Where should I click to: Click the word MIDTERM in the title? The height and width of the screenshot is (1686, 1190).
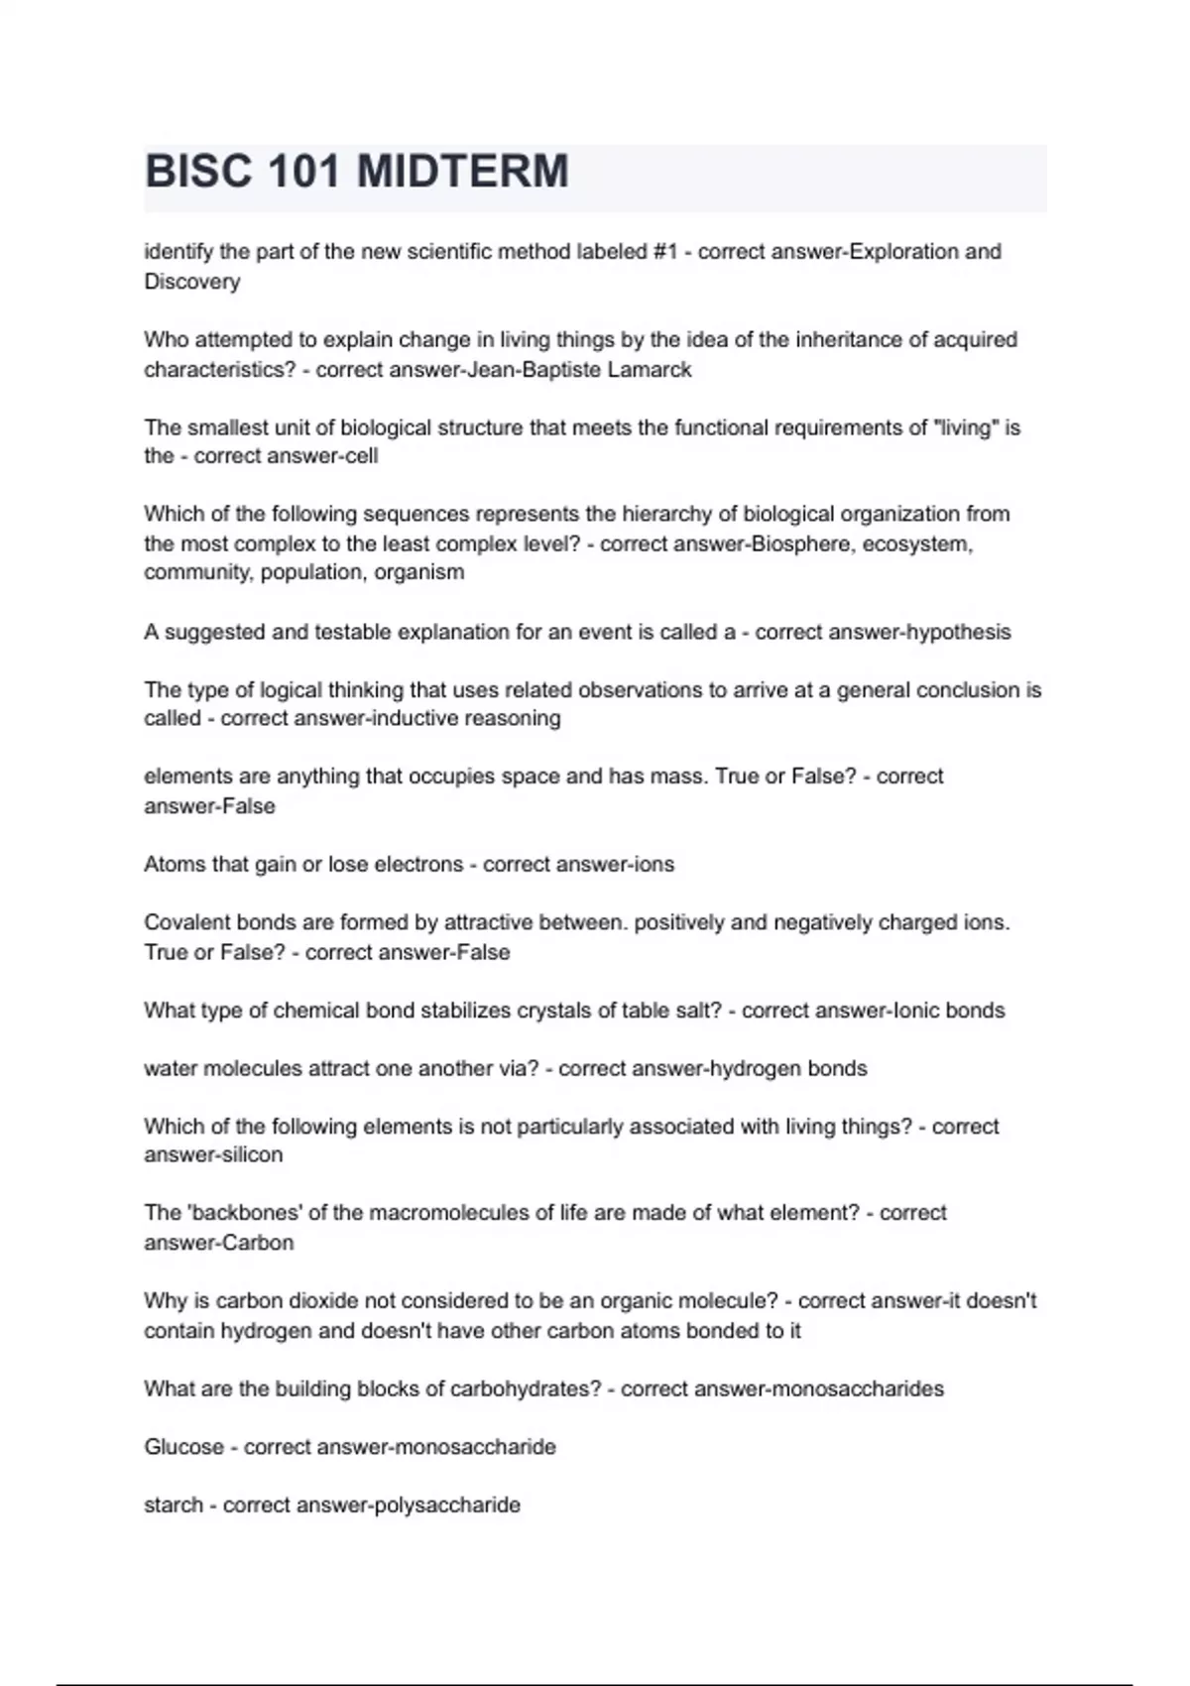(x=462, y=172)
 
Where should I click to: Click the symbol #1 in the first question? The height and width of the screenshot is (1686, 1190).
(x=665, y=252)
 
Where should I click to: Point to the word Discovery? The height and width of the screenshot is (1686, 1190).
(x=192, y=282)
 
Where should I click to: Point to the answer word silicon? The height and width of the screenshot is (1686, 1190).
(x=248, y=1154)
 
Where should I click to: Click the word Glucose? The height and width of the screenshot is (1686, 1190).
(x=183, y=1447)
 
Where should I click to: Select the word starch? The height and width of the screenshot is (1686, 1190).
(x=173, y=1505)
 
